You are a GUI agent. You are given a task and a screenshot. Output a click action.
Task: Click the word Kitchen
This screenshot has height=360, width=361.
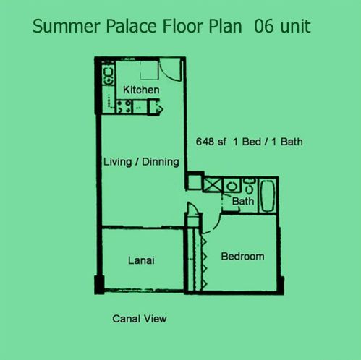pyautogui.click(x=141, y=90)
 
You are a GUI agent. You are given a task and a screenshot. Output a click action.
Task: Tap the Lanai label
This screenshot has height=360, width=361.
pyautogui.click(x=141, y=260)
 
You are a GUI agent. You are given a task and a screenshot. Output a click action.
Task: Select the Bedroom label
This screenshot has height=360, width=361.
pyautogui.click(x=242, y=257)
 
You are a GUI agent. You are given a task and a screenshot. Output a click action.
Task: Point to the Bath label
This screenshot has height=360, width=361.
pyautogui.click(x=243, y=201)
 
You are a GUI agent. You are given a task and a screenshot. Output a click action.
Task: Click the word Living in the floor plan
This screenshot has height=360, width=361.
pyautogui.click(x=117, y=162)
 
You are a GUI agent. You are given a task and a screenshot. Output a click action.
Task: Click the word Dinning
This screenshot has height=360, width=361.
pyautogui.click(x=161, y=162)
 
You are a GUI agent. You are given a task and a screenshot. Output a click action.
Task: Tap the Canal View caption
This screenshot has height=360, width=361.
pyautogui.click(x=140, y=319)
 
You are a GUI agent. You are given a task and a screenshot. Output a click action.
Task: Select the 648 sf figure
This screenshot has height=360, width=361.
pyautogui.click(x=211, y=142)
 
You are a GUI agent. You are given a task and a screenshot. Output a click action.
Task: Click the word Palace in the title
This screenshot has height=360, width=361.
pyautogui.click(x=132, y=26)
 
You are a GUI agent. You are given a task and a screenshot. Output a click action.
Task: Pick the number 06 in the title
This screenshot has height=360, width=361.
pyautogui.click(x=264, y=26)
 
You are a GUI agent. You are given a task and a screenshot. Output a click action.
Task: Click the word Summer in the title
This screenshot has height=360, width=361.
pyautogui.click(x=67, y=26)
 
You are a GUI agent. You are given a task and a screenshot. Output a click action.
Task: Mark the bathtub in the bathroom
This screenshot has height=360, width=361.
pyautogui.click(x=268, y=196)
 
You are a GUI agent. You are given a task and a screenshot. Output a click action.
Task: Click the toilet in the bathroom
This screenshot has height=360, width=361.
pyautogui.click(x=249, y=186)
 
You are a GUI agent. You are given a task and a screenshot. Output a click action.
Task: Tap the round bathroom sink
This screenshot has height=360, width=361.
pyautogui.click(x=232, y=187)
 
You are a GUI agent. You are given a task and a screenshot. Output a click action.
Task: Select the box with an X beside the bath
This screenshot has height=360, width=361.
pyautogui.click(x=213, y=185)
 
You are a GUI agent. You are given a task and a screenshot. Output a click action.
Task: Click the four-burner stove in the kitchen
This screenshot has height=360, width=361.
pyautogui.click(x=124, y=107)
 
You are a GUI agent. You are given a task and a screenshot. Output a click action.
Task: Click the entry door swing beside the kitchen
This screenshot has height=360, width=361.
pyautogui.click(x=171, y=70)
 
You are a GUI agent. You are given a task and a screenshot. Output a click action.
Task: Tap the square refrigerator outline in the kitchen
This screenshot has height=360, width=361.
pyautogui.click(x=150, y=70)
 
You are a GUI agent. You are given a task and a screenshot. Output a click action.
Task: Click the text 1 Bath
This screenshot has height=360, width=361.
pyautogui.click(x=287, y=142)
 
